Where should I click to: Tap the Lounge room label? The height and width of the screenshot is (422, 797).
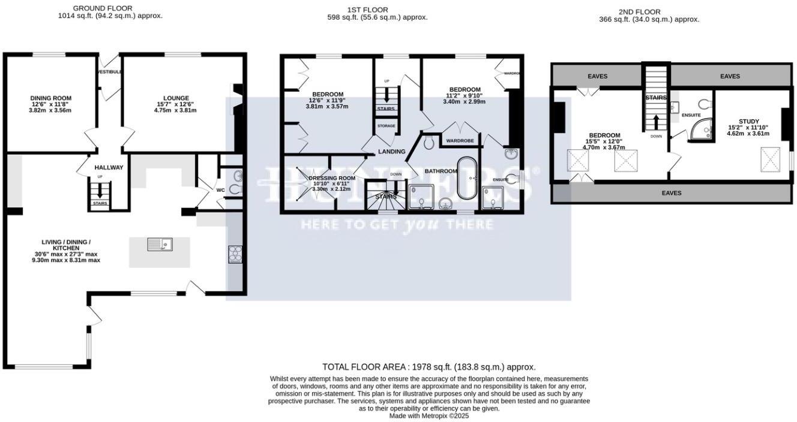point(176,98)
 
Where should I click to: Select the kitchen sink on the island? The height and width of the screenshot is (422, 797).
point(160,244)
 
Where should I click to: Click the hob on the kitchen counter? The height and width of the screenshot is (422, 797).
point(235,254)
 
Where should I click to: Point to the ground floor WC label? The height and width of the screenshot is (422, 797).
point(220,191)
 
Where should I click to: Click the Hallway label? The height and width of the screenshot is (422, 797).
point(109,168)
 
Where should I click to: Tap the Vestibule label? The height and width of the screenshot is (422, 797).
point(110,72)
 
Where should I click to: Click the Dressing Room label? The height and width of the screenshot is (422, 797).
point(332,178)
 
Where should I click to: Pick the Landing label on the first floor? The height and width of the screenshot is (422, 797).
point(391,152)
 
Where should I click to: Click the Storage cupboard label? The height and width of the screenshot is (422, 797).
point(386,126)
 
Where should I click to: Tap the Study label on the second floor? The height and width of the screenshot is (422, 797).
point(748,122)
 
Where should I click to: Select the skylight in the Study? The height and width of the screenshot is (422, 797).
point(771,159)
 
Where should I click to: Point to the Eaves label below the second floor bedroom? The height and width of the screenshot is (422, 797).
point(672,193)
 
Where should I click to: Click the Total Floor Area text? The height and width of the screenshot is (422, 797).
point(429,367)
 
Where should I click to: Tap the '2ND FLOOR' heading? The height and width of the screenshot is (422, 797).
point(639,12)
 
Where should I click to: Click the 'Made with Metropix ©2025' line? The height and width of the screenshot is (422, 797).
point(429,415)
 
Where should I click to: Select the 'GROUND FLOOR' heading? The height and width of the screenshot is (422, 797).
point(103,8)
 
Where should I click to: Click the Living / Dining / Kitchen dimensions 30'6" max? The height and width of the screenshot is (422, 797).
point(66,254)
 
